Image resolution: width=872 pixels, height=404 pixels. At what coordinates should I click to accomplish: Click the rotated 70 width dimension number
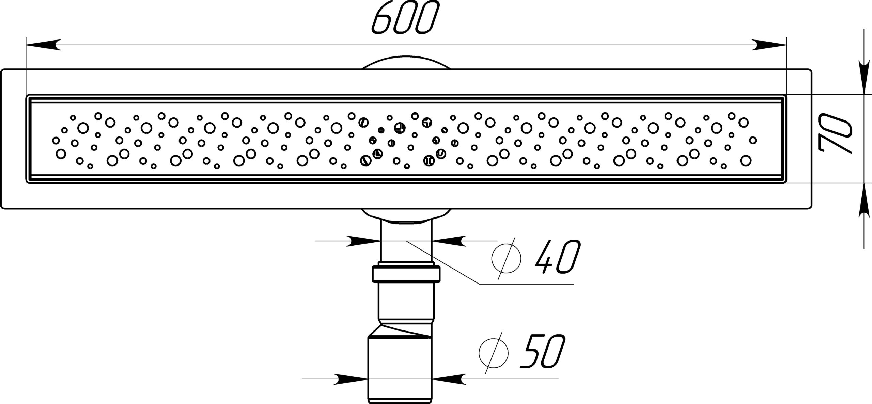click(x=835, y=138)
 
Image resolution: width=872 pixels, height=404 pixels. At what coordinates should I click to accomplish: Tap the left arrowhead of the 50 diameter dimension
click(x=351, y=378)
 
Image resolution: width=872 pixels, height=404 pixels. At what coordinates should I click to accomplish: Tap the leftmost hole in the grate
click(x=56, y=140)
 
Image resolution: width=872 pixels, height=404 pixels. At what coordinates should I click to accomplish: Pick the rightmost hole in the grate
click(x=753, y=140)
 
